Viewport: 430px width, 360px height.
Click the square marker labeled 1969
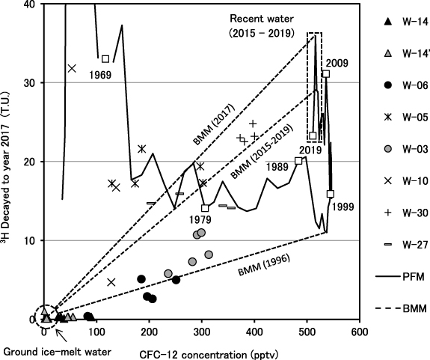[105, 58]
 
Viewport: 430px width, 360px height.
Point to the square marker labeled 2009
[326, 74]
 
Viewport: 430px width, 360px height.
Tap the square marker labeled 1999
[331, 194]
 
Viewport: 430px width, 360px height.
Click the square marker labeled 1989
[299, 161]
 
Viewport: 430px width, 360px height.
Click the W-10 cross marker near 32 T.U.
[72, 68]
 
